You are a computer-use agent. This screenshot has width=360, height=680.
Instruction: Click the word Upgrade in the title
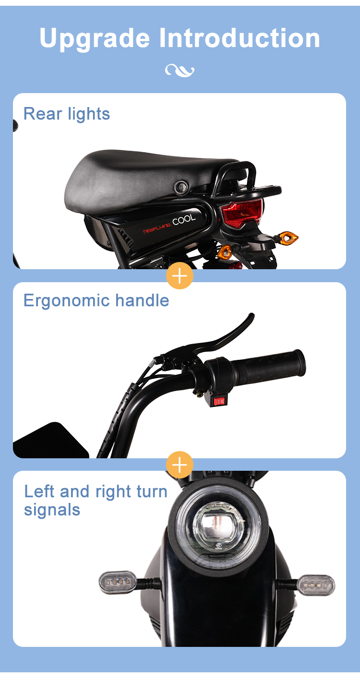95,38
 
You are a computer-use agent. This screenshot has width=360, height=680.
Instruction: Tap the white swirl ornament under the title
180,71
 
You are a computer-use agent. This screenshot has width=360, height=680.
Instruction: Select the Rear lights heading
67,114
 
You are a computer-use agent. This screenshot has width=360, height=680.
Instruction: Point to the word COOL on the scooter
184,220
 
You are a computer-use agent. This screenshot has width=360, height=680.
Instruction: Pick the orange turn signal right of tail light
288,238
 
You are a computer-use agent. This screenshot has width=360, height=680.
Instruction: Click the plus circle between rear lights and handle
180,276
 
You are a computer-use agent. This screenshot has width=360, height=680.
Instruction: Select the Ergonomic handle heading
96,300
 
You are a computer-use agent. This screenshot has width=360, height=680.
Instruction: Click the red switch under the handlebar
218,400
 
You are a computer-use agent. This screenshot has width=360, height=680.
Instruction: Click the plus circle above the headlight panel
180,465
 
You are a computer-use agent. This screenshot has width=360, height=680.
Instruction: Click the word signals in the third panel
52,510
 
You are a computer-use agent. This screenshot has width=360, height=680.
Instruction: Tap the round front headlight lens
218,527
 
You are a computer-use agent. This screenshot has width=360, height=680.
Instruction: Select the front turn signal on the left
118,582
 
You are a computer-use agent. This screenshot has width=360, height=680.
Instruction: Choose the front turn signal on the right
315,584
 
